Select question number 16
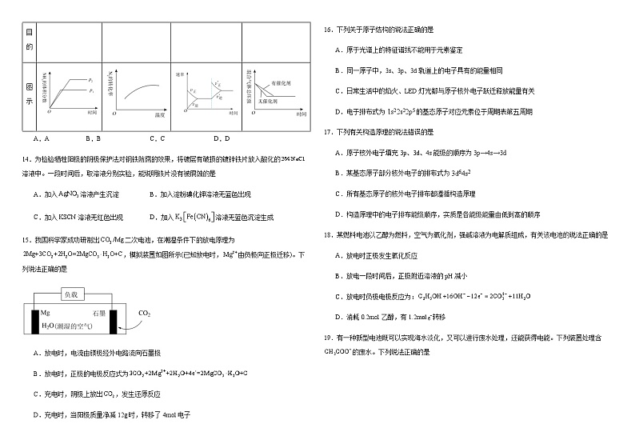coord(328,30)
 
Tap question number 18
coord(328,235)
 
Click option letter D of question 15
coord(37,414)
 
